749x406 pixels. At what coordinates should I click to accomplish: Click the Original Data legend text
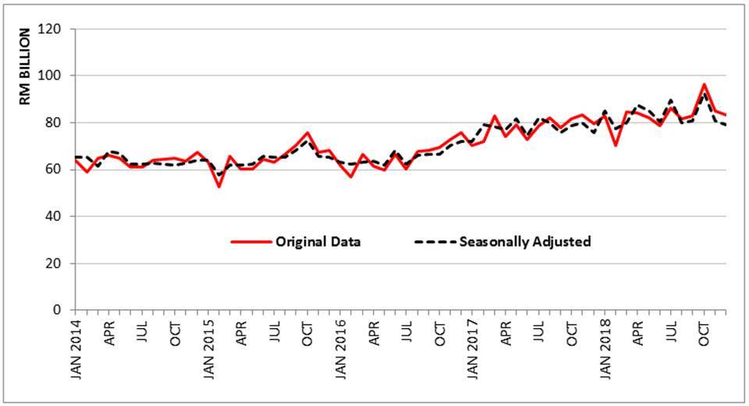(x=318, y=241)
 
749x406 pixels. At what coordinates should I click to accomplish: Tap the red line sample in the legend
(x=250, y=241)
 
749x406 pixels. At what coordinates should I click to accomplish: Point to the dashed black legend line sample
(x=432, y=241)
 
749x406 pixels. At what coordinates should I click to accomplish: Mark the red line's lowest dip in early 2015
(x=219, y=186)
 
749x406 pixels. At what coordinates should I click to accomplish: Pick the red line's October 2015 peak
(x=307, y=133)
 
